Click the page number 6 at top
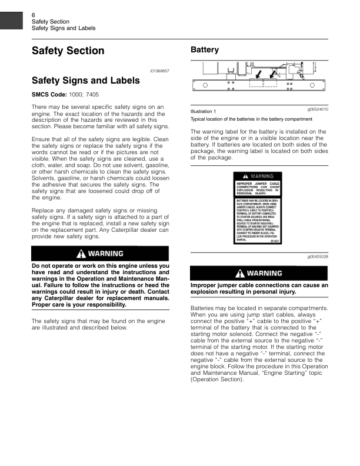point(34,14)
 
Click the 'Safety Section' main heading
point(68,51)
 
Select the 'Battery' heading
point(205,50)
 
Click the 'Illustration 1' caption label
point(204,111)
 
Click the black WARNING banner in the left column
point(100,254)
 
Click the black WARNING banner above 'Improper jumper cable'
point(259,274)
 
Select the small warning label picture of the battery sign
point(259,208)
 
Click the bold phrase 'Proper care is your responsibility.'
point(78,305)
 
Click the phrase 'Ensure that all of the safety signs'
point(74,139)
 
